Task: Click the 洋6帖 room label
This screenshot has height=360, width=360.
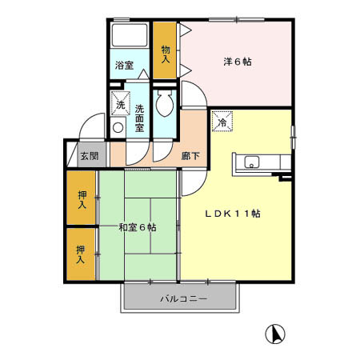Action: point(237,60)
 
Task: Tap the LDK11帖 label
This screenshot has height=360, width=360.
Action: point(233,213)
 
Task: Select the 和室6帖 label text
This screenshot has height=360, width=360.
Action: point(137,228)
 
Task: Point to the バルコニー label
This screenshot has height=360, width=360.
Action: point(183,298)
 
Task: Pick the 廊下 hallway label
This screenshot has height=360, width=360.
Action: point(190,157)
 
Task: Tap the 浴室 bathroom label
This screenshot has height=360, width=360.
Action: point(123,65)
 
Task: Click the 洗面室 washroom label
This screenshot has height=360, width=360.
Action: point(138,116)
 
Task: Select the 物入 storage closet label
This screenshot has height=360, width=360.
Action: point(166,53)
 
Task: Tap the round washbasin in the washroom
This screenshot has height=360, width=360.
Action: point(118,127)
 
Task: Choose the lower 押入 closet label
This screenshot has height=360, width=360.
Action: point(81,254)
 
